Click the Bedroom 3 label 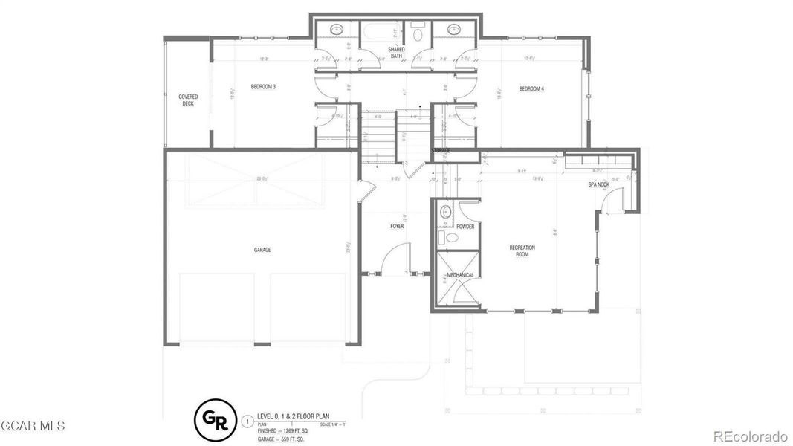pyautogui.click(x=263, y=88)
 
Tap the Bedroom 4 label pyautogui.click(x=531, y=89)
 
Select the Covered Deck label pyautogui.click(x=187, y=100)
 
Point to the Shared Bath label pyautogui.click(x=396, y=52)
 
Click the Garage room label pyautogui.click(x=262, y=250)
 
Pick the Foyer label pyautogui.click(x=397, y=226)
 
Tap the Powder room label pyautogui.click(x=465, y=227)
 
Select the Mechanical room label pyautogui.click(x=460, y=275)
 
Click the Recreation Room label pyautogui.click(x=522, y=251)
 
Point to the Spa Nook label pyautogui.click(x=599, y=184)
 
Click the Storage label pyautogui.click(x=441, y=151)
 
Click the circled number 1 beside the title pyautogui.click(x=247, y=421)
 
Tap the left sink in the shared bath pyautogui.click(x=336, y=30)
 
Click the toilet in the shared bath pyautogui.click(x=418, y=33)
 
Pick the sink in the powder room pyautogui.click(x=446, y=213)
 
